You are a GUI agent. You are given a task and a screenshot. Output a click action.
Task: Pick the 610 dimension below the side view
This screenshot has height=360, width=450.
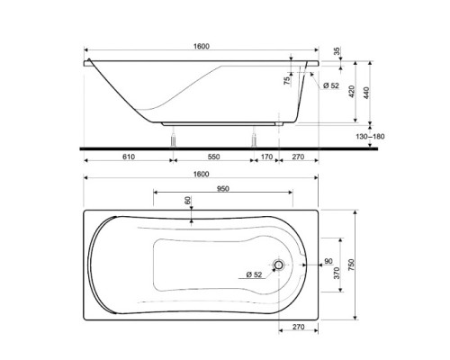(128, 157)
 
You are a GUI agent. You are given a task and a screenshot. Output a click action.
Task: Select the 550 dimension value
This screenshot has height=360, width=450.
(213, 157)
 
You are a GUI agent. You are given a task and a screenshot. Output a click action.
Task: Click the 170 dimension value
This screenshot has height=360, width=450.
(266, 157)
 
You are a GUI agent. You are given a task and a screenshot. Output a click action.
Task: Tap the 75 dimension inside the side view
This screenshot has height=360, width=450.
(287, 81)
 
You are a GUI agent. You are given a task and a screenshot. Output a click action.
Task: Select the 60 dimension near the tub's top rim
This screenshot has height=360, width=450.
(188, 203)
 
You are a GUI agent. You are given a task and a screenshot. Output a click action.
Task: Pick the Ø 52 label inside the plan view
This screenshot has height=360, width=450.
(253, 274)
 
